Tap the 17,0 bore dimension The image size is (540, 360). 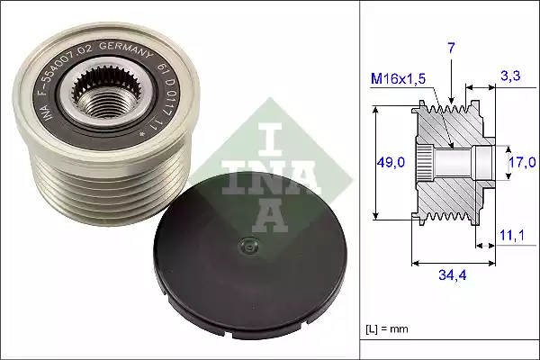coord(521,162)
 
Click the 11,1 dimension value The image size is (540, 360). coord(510,236)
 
